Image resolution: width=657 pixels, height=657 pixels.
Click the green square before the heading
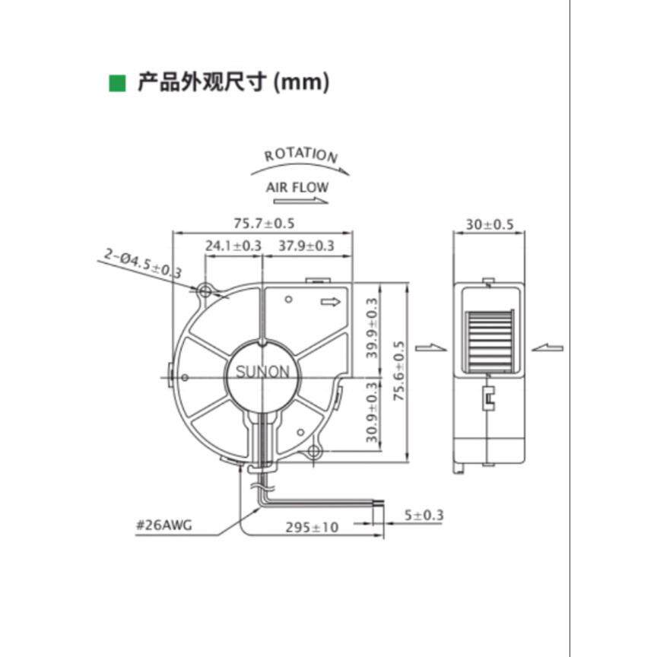[118, 82]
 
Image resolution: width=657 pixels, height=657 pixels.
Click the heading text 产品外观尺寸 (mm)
[233, 82]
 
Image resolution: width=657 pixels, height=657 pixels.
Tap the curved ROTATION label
[301, 155]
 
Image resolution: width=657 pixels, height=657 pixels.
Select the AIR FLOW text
[297, 186]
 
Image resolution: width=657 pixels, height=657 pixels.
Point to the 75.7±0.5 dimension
[264, 223]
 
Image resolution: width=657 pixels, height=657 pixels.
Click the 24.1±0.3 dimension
[233, 246]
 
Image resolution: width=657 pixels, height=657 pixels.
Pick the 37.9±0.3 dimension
[306, 246]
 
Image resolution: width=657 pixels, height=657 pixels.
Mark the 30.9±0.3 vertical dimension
[372, 417]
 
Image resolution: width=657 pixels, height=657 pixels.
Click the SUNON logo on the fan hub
[262, 373]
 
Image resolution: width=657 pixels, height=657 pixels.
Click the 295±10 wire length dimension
[312, 526]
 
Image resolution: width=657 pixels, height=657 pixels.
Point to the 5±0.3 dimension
[424, 516]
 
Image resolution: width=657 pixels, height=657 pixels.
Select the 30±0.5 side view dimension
[489, 224]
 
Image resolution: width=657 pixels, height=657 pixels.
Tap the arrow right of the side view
[547, 348]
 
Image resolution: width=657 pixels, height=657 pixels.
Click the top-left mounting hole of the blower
[205, 290]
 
